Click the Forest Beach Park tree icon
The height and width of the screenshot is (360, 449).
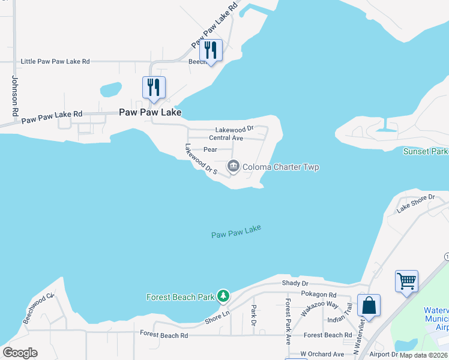[223, 295]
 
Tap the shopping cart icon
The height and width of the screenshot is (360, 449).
[406, 281]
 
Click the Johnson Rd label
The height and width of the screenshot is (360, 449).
[15, 96]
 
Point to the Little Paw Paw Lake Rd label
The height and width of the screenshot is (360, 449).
[55, 61]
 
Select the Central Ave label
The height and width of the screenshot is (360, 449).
[226, 138]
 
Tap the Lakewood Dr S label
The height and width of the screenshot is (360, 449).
[200, 160]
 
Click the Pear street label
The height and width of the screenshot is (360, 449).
[210, 149]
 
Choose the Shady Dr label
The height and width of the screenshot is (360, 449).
[295, 283]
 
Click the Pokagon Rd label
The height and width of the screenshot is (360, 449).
[319, 295]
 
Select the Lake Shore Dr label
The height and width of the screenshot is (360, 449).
[415, 204]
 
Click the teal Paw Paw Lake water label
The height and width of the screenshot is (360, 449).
[236, 232]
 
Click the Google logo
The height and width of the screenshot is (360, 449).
[20, 353]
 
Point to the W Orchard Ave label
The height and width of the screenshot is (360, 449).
[322, 355]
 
